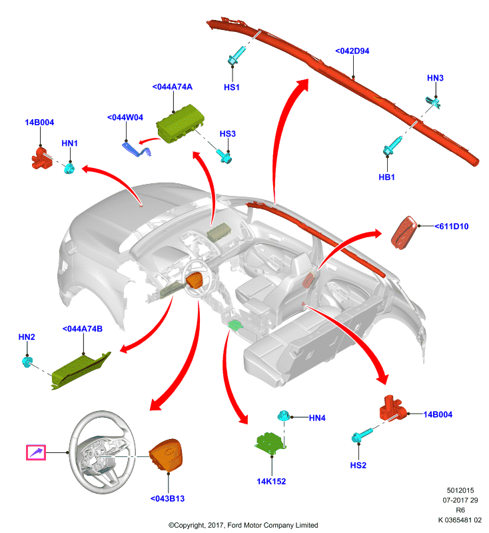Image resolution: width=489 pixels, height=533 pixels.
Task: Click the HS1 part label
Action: [231, 87]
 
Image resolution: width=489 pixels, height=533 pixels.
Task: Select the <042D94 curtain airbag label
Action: [352, 51]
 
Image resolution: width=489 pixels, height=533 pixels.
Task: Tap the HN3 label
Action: [435, 78]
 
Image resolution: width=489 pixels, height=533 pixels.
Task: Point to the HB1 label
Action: [386, 177]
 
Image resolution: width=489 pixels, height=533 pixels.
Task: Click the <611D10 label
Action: [451, 227]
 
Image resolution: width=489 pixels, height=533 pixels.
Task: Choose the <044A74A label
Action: [173, 87]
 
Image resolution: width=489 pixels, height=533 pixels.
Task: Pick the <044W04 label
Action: [125, 118]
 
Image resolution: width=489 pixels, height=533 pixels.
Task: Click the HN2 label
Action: [27, 337]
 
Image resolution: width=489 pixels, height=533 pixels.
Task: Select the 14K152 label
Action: [271, 481]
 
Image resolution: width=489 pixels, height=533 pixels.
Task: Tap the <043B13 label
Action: [167, 498]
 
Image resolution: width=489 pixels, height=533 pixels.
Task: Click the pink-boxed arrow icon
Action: [36, 452]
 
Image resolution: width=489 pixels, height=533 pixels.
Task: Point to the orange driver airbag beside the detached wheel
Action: [166, 456]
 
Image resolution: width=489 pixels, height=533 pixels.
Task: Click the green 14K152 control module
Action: [270, 443]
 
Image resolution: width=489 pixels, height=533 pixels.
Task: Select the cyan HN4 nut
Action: [283, 415]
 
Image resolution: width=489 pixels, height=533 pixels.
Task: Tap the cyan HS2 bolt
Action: [362, 435]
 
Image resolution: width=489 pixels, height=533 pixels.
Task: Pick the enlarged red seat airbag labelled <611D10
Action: [404, 233]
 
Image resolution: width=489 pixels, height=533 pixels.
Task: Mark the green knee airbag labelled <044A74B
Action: [81, 370]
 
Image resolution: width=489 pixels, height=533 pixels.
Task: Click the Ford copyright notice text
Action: [243, 525]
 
